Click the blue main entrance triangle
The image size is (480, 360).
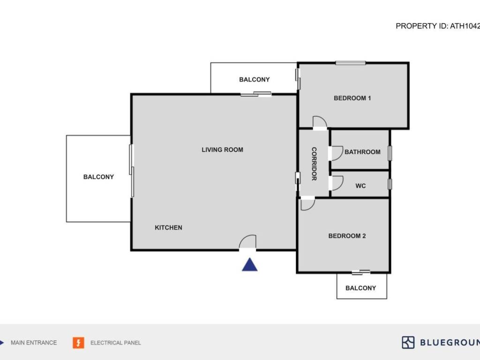tap(250, 266)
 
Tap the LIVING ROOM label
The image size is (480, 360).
tap(222, 150)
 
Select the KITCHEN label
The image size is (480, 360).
tap(168, 228)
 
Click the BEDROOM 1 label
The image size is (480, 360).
tap(352, 98)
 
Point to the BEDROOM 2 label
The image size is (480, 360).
tap(347, 236)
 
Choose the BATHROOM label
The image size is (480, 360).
tap(362, 152)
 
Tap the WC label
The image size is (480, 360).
tap(360, 186)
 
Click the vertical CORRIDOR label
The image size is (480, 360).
tap(314, 164)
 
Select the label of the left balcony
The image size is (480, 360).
tap(98, 177)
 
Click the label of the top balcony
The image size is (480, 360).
tap(255, 80)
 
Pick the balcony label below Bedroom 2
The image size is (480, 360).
tap(360, 288)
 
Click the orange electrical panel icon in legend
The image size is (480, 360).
tap(78, 343)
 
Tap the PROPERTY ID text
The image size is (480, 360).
tap(437, 26)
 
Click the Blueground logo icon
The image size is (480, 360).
tap(408, 343)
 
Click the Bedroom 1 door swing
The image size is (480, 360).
tap(320, 121)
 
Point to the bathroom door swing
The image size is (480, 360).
tap(337, 154)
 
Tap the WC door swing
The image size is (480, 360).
tap(337, 183)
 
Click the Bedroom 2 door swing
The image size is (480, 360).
tap(307, 204)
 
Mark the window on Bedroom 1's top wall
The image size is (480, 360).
tap(351, 63)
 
